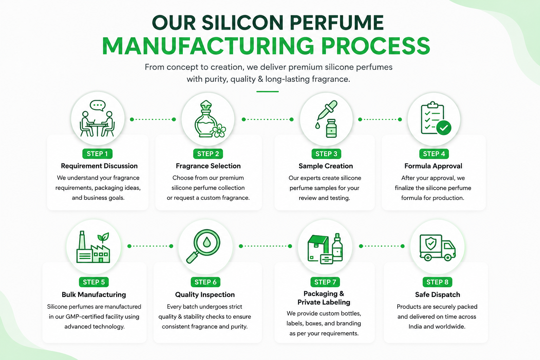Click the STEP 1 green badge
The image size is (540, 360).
click(x=97, y=154)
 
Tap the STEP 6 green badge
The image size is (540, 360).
click(x=205, y=282)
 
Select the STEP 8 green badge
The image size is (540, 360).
click(x=437, y=282)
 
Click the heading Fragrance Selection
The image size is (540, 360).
click(x=208, y=166)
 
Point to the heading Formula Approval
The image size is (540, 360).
click(x=433, y=166)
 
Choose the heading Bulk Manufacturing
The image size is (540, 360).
click(x=94, y=295)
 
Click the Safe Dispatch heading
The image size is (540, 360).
click(x=438, y=295)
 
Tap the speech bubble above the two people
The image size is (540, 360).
click(x=98, y=105)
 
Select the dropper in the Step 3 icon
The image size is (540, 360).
click(x=327, y=110)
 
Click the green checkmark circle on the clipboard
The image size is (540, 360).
click(x=444, y=128)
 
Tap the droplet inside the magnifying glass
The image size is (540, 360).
click(x=207, y=242)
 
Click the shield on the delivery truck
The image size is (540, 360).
click(x=431, y=244)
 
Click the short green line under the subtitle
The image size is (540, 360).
click(x=267, y=92)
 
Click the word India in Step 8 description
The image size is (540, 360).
click(x=415, y=327)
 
